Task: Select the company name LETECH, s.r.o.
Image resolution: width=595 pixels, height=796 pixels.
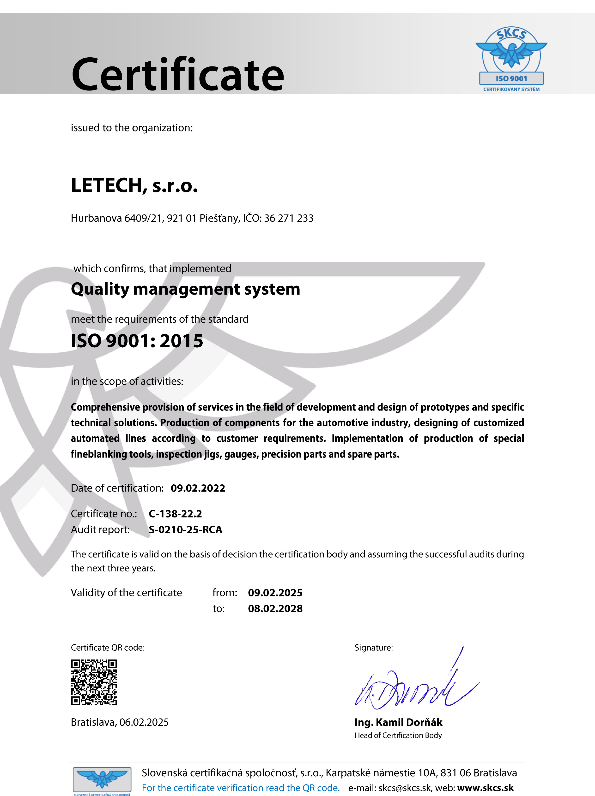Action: click(x=134, y=186)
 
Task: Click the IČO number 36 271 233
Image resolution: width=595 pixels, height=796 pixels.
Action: click(x=289, y=218)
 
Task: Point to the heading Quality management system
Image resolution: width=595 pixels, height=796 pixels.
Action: click(x=185, y=289)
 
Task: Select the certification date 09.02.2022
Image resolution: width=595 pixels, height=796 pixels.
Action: click(x=198, y=488)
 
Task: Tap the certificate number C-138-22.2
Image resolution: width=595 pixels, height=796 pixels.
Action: click(x=175, y=514)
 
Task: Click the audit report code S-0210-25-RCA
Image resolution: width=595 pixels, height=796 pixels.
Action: click(x=185, y=530)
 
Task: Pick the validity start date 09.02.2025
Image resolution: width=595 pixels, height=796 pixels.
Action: click(x=275, y=593)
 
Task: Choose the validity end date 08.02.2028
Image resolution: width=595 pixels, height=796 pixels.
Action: click(x=275, y=608)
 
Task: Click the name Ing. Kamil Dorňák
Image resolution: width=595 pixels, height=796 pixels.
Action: click(x=398, y=722)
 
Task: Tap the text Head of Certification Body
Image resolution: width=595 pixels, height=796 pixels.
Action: click(x=398, y=735)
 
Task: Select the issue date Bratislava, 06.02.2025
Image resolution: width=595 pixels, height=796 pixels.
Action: click(x=120, y=722)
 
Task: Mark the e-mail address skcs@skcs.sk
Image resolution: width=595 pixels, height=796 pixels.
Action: click(x=404, y=788)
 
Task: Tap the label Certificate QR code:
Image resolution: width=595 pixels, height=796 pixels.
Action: click(x=108, y=648)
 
